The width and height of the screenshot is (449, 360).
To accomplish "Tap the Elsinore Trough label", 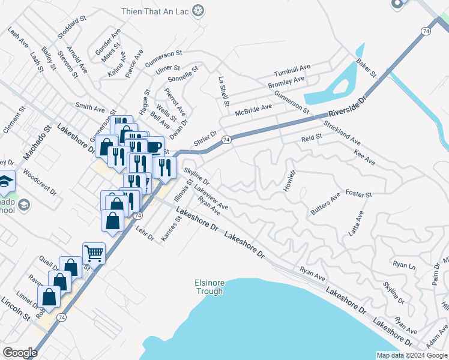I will coord(209,287).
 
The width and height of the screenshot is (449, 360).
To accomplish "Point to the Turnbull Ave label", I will coord(292,67).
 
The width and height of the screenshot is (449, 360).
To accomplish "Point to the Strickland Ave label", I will coord(342,133).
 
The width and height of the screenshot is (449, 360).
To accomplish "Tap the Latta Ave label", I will coord(357,223).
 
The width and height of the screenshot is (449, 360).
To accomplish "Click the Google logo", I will coord(20,353).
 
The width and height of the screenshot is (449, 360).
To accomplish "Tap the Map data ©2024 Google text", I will coord(411,355).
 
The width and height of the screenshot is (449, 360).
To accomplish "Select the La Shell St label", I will coord(223,91).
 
